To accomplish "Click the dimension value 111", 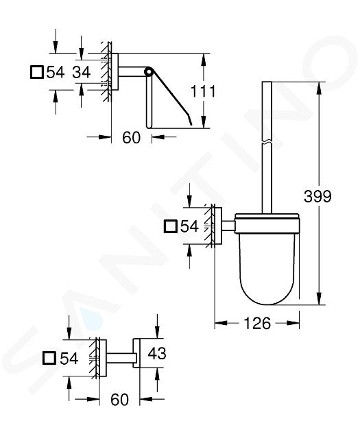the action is pos(203,91).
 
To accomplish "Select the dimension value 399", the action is pos(317,196).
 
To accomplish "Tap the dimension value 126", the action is pos(257,323).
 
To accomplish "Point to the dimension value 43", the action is pos(157,353).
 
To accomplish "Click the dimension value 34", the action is pos(82,73).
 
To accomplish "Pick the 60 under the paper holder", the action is pos(132,137).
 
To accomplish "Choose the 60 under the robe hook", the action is pos(119,400).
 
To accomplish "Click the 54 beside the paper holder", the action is pos(56,73).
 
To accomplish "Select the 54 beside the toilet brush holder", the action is pos(189,226).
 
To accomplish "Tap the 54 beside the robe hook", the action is pos(69,359).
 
